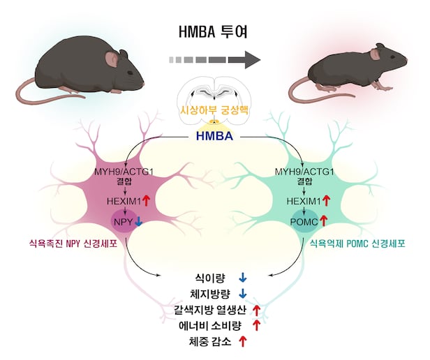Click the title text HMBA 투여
pyautogui.click(x=214, y=33)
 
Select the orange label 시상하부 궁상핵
pyautogui.click(x=214, y=112)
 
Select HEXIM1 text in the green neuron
pyautogui.click(x=302, y=201)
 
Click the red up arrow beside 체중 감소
pyautogui.click(x=243, y=341)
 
